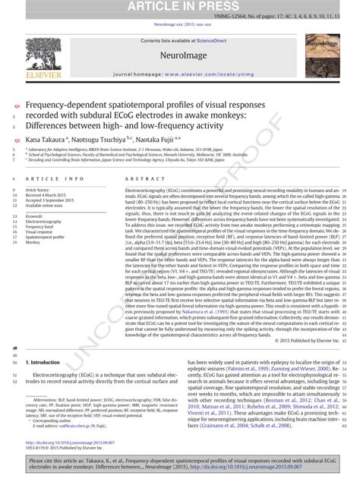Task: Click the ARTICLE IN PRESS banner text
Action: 180,8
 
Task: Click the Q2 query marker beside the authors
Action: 15,140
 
